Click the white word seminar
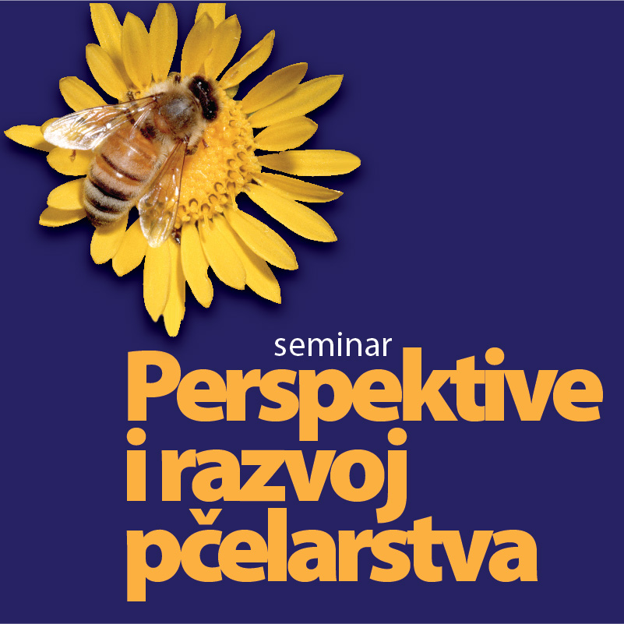333,346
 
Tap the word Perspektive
365,394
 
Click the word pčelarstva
332,555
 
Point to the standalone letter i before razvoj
136,465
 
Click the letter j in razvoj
392,475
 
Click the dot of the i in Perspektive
495,356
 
